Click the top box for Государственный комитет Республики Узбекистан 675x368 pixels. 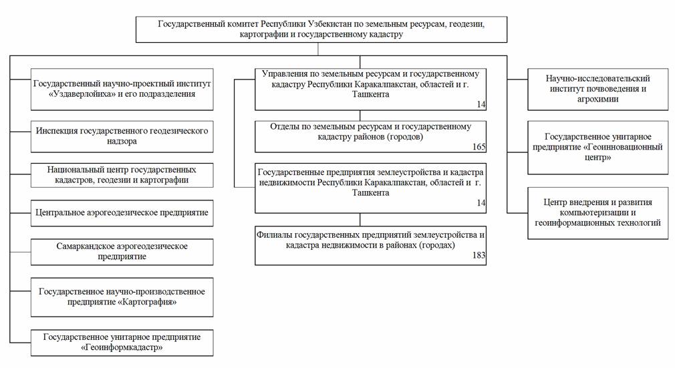(321, 29)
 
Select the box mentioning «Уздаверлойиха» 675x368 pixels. (121, 89)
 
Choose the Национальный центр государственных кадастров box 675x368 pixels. (121, 174)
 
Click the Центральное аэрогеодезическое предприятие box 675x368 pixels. (121, 213)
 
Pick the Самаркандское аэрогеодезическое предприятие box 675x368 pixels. (121, 251)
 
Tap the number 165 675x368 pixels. (478, 147)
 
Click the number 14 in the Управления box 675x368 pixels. (481, 105)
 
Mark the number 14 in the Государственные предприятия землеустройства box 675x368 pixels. (481, 202)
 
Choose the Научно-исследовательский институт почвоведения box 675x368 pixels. (597, 89)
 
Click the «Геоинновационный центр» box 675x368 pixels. (597, 147)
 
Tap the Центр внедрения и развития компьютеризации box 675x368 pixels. (597, 212)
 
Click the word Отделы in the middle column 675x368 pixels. (285, 126)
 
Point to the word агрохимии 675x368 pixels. (597, 99)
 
